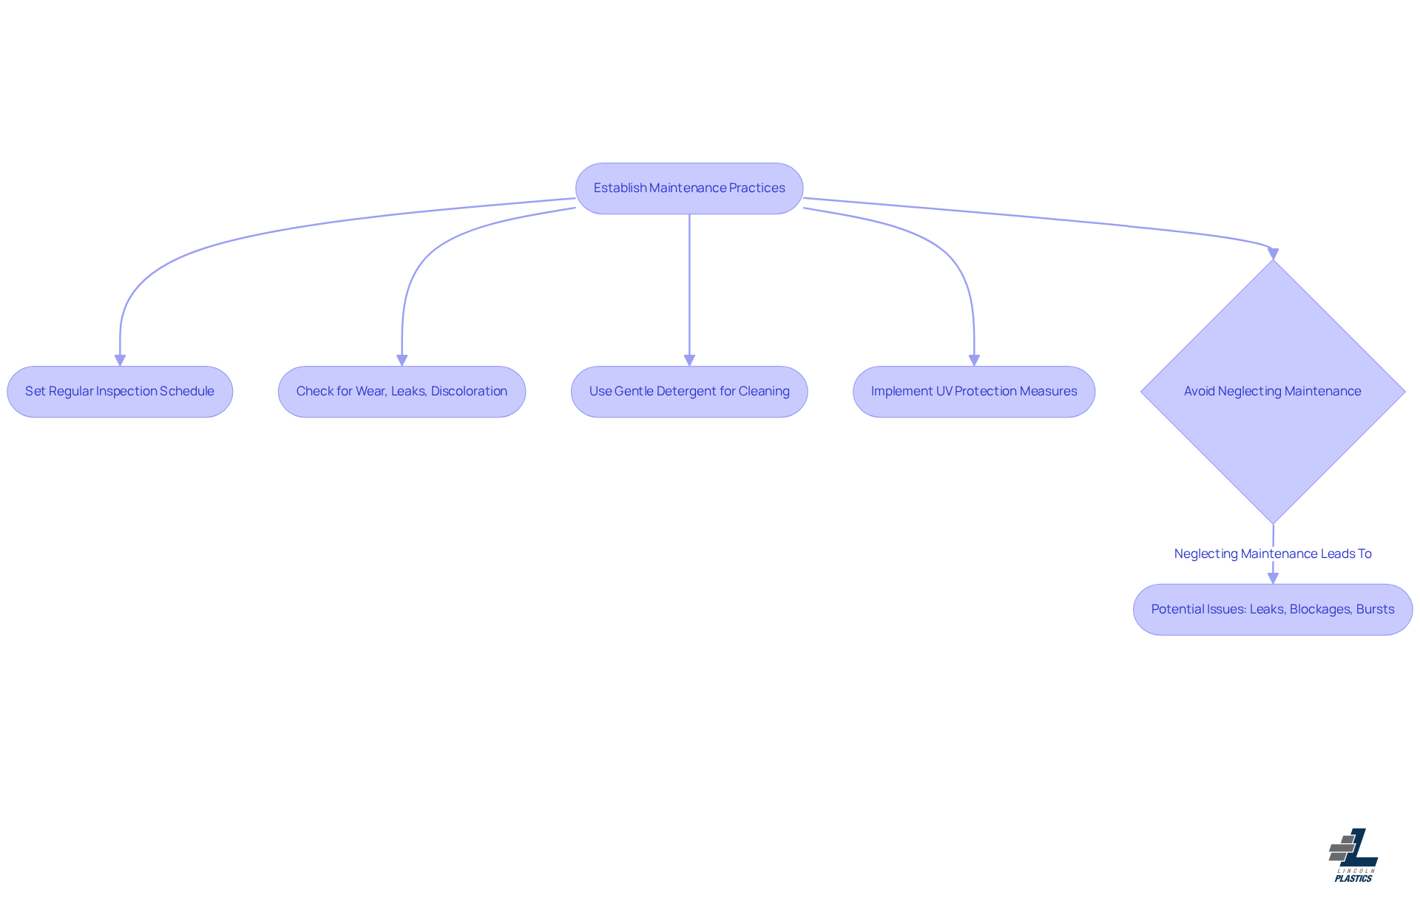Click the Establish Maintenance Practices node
point(689,188)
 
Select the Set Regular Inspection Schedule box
point(120,392)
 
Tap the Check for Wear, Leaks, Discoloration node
point(402,392)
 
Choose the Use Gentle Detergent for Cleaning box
point(689,392)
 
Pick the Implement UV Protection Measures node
point(973,392)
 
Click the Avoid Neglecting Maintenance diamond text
point(1272,392)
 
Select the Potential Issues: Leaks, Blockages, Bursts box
point(1272,610)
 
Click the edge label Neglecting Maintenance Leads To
point(1272,554)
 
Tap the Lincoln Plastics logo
point(1353,855)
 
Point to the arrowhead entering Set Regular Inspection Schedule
point(120,360)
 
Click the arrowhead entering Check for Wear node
point(402,360)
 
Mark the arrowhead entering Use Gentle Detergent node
point(689,360)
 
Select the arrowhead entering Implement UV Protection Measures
point(974,360)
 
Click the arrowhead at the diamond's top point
point(1273,254)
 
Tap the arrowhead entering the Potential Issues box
point(1273,578)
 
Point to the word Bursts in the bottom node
point(1375,610)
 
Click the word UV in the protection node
point(944,392)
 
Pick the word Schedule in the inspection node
point(187,392)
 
